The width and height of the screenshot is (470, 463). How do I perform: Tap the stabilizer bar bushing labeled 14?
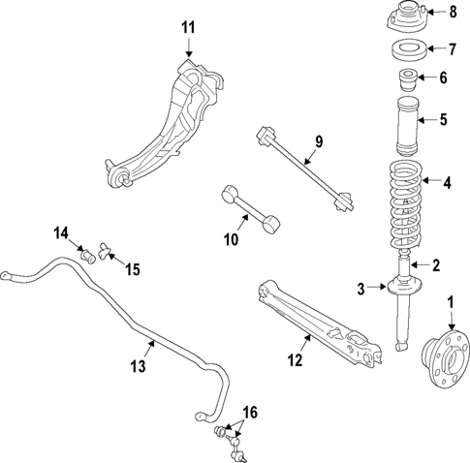(86, 256)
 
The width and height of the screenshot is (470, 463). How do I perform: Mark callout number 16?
(250, 414)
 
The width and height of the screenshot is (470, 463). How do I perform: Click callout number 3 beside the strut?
(361, 288)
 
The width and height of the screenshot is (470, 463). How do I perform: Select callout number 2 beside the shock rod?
(436, 265)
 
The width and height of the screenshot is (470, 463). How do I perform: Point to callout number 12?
(296, 360)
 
